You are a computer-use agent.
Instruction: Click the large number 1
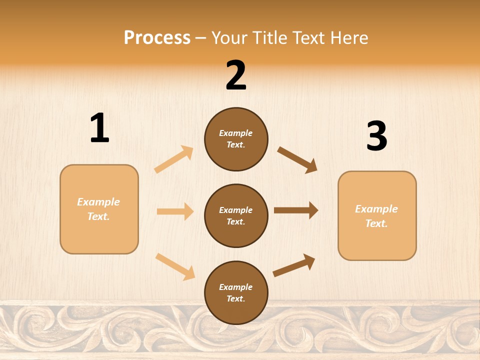click(x=99, y=128)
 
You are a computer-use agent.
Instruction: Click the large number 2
click(x=236, y=75)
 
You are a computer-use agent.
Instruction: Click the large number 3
click(x=376, y=136)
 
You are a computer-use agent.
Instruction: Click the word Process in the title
click(x=157, y=37)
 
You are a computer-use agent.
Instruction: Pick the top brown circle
click(x=236, y=139)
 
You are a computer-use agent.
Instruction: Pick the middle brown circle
click(x=236, y=215)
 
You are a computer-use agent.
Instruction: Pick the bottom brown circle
click(x=236, y=292)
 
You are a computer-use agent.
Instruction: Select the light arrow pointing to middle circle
click(x=175, y=211)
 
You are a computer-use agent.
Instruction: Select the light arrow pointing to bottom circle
click(x=175, y=266)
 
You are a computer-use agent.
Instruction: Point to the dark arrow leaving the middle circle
click(x=296, y=210)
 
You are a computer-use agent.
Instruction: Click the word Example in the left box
click(x=98, y=202)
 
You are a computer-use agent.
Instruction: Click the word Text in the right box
click(x=376, y=223)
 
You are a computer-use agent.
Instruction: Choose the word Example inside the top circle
click(x=236, y=133)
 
